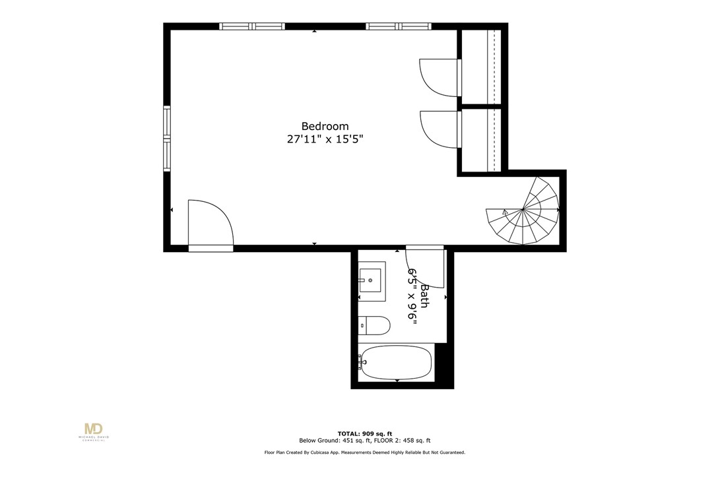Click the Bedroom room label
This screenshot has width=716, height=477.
(x=325, y=126)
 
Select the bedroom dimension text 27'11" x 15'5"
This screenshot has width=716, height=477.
(x=325, y=139)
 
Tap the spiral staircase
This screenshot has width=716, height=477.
(x=525, y=210)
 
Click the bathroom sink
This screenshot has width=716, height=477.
(x=372, y=281)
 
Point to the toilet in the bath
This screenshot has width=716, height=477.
(x=374, y=325)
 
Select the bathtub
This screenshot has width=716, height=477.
(x=395, y=362)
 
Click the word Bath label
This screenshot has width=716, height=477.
(x=425, y=296)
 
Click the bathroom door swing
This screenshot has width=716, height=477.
(x=426, y=267)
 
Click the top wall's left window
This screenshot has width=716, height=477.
(x=251, y=26)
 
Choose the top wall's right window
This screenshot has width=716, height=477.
(x=399, y=26)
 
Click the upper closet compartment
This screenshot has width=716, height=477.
(x=481, y=67)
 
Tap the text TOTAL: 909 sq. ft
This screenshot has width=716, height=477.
(x=360, y=433)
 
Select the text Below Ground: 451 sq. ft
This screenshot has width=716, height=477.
(x=329, y=440)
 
